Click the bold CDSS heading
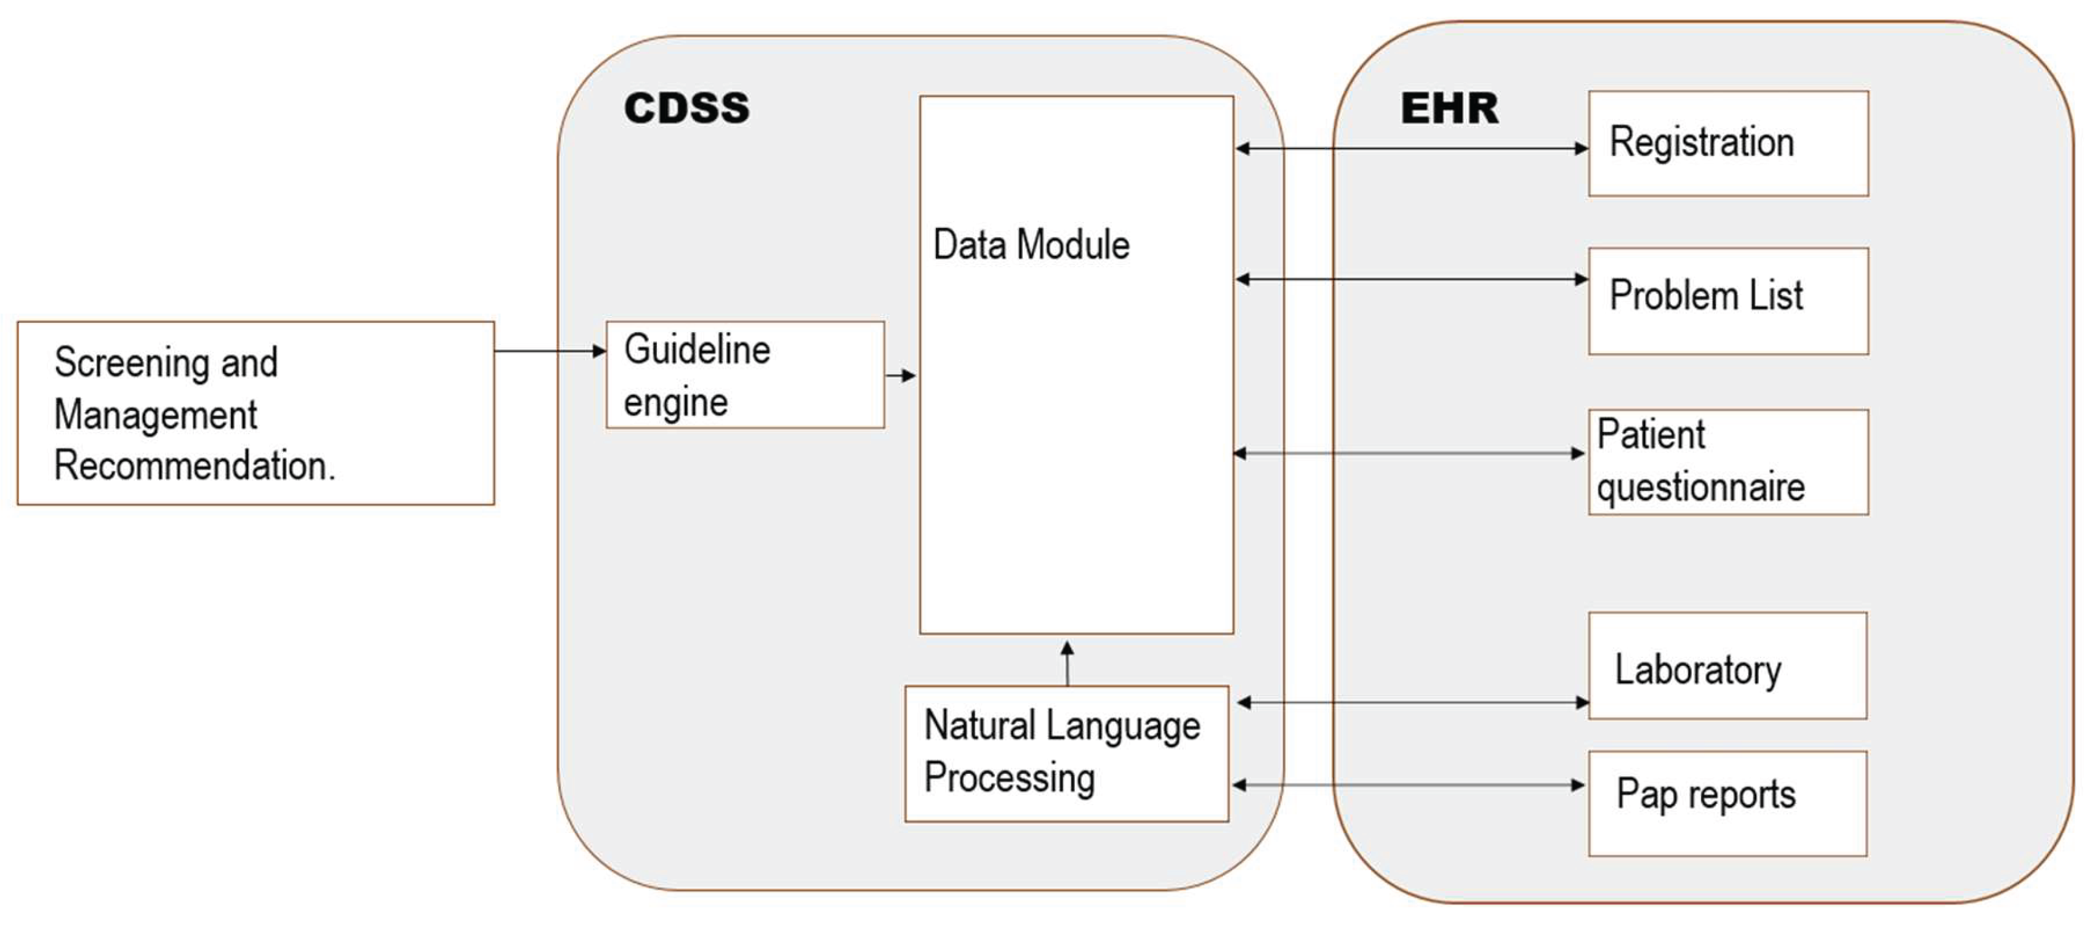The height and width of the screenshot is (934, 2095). click(x=686, y=108)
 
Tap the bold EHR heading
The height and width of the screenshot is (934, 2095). click(x=1449, y=108)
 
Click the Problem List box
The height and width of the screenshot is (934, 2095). click(x=1727, y=301)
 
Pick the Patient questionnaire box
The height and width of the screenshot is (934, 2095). click(x=1727, y=462)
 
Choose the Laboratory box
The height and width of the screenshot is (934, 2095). click(x=1727, y=665)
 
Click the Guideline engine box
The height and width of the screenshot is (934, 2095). click(x=745, y=375)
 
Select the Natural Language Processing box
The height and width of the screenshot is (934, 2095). click(x=1066, y=753)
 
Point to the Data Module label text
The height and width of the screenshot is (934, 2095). click(x=1031, y=245)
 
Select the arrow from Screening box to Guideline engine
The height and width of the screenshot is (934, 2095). click(x=550, y=351)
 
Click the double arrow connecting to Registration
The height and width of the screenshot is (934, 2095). click(x=1411, y=148)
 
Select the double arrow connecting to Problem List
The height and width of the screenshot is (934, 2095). click(x=1411, y=279)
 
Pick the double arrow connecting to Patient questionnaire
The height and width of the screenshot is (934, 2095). click(x=1409, y=453)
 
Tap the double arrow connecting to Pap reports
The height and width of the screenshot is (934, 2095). click(x=1409, y=785)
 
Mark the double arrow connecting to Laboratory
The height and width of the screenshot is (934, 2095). click(x=1413, y=702)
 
